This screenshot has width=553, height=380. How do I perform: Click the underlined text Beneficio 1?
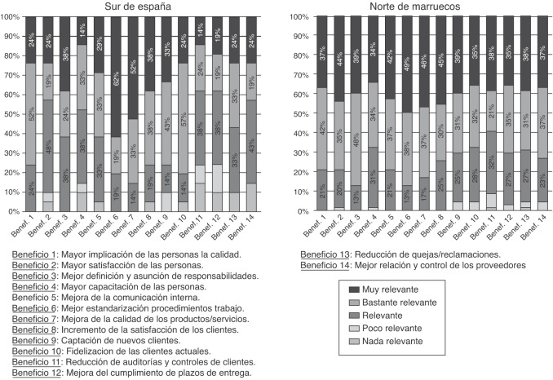click(x=38, y=253)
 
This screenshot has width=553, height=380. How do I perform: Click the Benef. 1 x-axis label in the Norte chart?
click(x=311, y=229)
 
